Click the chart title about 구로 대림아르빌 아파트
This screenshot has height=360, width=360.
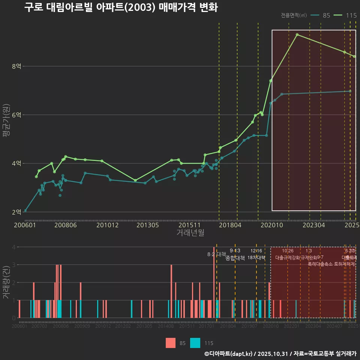121,7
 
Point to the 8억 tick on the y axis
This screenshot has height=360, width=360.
16,66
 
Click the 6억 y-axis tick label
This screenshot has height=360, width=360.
16,115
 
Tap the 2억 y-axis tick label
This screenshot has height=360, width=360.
16,212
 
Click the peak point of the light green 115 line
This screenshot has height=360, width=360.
297,34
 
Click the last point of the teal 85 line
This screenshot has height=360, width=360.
350,91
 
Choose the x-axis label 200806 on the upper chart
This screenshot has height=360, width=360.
66,225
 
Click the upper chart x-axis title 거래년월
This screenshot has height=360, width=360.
190,233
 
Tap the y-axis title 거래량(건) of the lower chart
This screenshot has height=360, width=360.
6,282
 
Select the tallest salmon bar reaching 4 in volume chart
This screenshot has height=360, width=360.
214,282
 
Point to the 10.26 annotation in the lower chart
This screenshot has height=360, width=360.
288,251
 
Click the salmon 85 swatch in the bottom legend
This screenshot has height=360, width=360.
171,343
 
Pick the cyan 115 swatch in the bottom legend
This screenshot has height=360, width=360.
195,343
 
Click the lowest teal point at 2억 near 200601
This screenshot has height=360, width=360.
25,211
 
